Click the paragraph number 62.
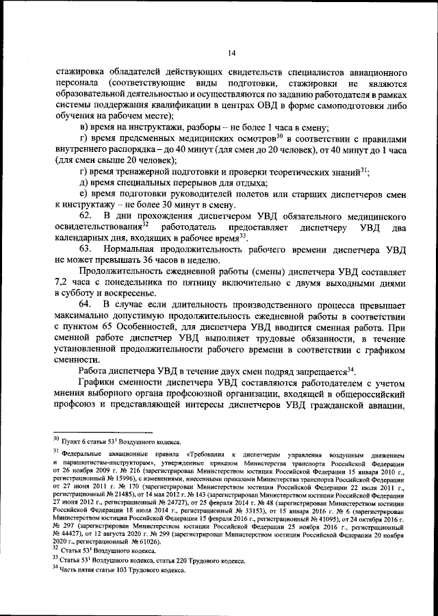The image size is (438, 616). pos(86,216)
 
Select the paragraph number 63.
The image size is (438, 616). pos(86,247)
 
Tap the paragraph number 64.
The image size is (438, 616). pos(86,303)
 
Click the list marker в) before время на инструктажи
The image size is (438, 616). pos(85,128)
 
